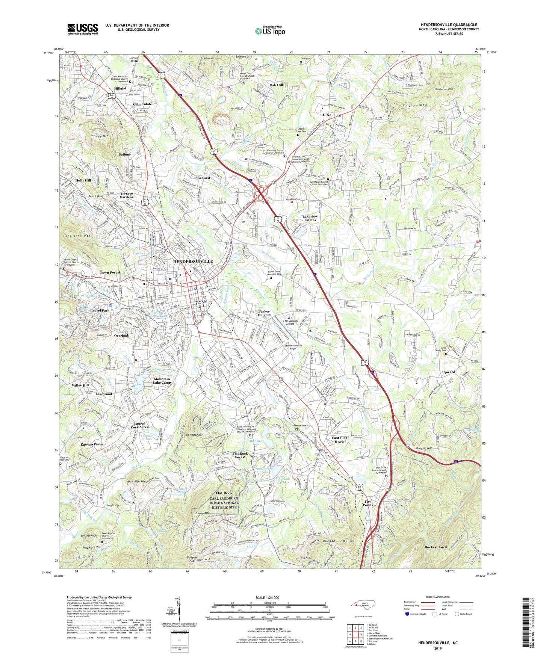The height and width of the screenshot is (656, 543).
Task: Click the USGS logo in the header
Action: pyautogui.click(x=83, y=29)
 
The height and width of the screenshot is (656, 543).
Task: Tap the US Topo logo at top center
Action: pyautogui.click(x=270, y=30)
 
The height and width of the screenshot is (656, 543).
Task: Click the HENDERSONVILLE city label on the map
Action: pyautogui.click(x=193, y=261)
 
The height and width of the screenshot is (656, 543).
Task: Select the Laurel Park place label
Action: pyautogui.click(x=100, y=311)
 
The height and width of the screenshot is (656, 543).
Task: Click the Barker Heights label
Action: pyautogui.click(x=264, y=313)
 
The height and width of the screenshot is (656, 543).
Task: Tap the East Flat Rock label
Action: pyautogui.click(x=339, y=440)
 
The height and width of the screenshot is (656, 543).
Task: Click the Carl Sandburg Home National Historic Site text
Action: pyautogui.click(x=224, y=503)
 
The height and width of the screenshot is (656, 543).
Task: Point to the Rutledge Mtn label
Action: pyautogui.click(x=194, y=435)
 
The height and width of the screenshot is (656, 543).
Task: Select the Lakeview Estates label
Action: pyautogui.click(x=310, y=218)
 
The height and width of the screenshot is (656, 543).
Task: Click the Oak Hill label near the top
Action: pyautogui.click(x=276, y=85)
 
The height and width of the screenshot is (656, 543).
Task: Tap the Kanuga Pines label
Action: pyautogui.click(x=92, y=444)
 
